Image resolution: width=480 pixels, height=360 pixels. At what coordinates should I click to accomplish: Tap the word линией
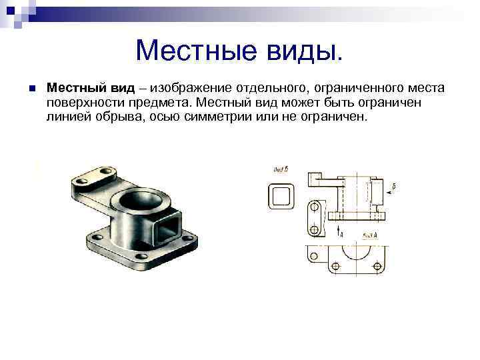point(67,117)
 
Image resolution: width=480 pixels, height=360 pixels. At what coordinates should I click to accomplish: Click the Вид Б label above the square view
point(281,169)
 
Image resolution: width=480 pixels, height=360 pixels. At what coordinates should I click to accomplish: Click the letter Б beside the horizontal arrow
point(395,186)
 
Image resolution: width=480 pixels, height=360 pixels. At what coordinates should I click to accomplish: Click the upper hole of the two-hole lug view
point(313,208)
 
